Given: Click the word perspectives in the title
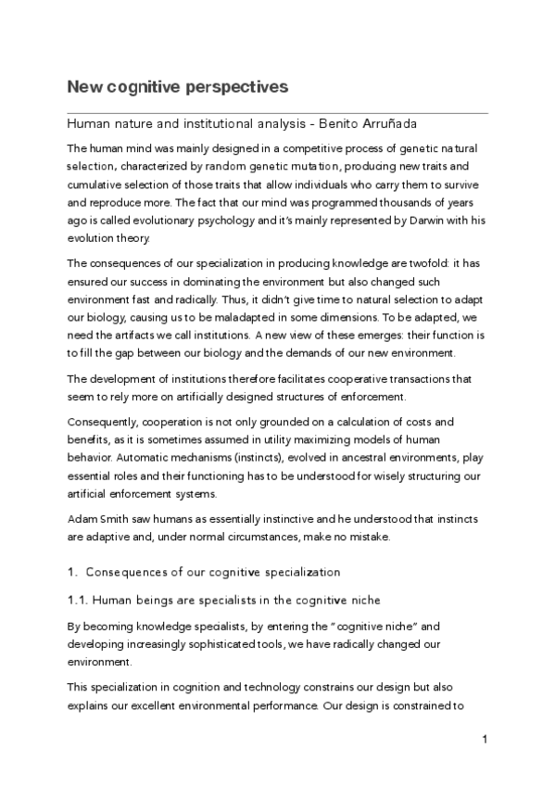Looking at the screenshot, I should [x=233, y=87].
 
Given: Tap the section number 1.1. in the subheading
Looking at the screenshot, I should [x=80, y=602].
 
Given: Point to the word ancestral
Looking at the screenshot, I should [x=362, y=458].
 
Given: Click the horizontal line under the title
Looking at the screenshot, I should [x=277, y=112].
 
